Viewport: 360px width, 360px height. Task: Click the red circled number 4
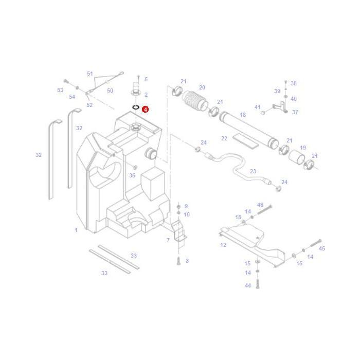(146, 110)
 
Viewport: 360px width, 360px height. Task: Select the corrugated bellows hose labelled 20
(195, 101)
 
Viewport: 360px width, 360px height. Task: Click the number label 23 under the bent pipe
(253, 172)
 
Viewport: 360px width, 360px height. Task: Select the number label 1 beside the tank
(76, 230)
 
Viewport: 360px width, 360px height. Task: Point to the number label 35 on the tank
(132, 175)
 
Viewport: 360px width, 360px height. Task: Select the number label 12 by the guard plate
(223, 245)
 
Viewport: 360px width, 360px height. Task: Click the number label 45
(322, 248)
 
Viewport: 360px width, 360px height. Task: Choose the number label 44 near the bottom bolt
(248, 285)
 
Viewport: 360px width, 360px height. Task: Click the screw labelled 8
(178, 261)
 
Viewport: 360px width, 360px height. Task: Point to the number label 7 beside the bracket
(168, 240)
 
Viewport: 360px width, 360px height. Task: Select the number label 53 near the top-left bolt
(60, 90)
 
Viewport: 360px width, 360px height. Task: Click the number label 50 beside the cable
(110, 91)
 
